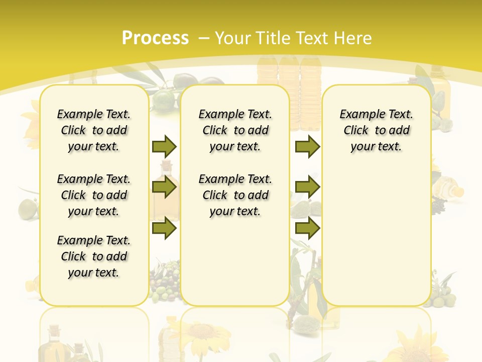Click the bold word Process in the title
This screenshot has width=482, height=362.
tap(155, 38)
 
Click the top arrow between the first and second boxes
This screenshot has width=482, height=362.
tap(164, 146)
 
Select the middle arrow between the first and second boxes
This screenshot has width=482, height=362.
tap(164, 188)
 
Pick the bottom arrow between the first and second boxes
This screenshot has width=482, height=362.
tap(164, 228)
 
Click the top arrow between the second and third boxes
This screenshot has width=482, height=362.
tap(307, 146)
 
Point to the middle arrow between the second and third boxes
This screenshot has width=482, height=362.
tap(307, 188)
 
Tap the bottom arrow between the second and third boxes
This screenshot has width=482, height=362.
tap(307, 228)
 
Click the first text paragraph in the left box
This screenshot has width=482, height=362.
tap(94, 130)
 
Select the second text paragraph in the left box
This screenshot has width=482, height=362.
tap(94, 195)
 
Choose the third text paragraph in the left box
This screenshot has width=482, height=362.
tap(94, 256)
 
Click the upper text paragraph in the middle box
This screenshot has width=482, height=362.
tap(235, 130)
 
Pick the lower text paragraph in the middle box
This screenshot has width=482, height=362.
tap(235, 195)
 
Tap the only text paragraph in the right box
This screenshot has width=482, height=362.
tap(376, 130)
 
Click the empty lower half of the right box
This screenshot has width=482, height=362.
tap(376, 236)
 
